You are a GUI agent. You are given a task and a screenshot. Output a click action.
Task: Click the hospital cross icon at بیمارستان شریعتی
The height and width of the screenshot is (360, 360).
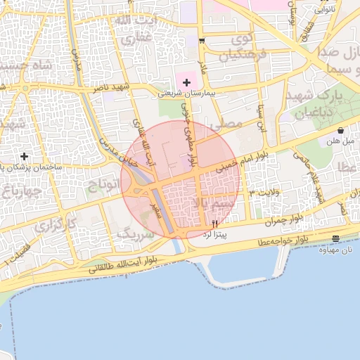coord(186,83)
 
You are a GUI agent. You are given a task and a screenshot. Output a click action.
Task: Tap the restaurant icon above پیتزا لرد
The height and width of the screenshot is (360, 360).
coord(214,223)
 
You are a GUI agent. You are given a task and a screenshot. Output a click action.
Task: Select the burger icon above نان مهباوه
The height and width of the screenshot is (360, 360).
coord(335,239)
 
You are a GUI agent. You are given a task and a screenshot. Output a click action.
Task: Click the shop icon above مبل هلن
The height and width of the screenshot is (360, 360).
coord(340,130)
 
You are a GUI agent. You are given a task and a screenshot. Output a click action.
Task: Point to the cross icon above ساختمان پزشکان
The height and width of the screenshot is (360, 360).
coord(25,155)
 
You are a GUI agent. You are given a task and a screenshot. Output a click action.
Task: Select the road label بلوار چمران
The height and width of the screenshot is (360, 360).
coord(284,219)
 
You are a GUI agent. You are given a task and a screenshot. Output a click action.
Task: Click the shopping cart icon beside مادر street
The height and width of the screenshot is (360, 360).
coord(202,40)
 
